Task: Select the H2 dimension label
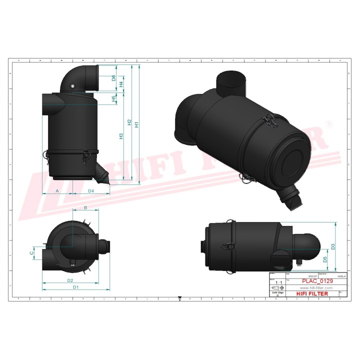(x=129, y=122)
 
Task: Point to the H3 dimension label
(x=121, y=136)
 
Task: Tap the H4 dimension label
(x=121, y=84)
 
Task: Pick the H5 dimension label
(x=113, y=99)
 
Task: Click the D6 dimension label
(x=113, y=78)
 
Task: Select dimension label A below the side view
(x=57, y=191)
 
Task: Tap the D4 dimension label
(x=91, y=191)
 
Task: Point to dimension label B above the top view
(x=85, y=207)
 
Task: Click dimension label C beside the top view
(x=32, y=253)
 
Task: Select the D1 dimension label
(x=75, y=287)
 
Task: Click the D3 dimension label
(x=332, y=246)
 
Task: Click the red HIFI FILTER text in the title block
(x=312, y=294)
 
